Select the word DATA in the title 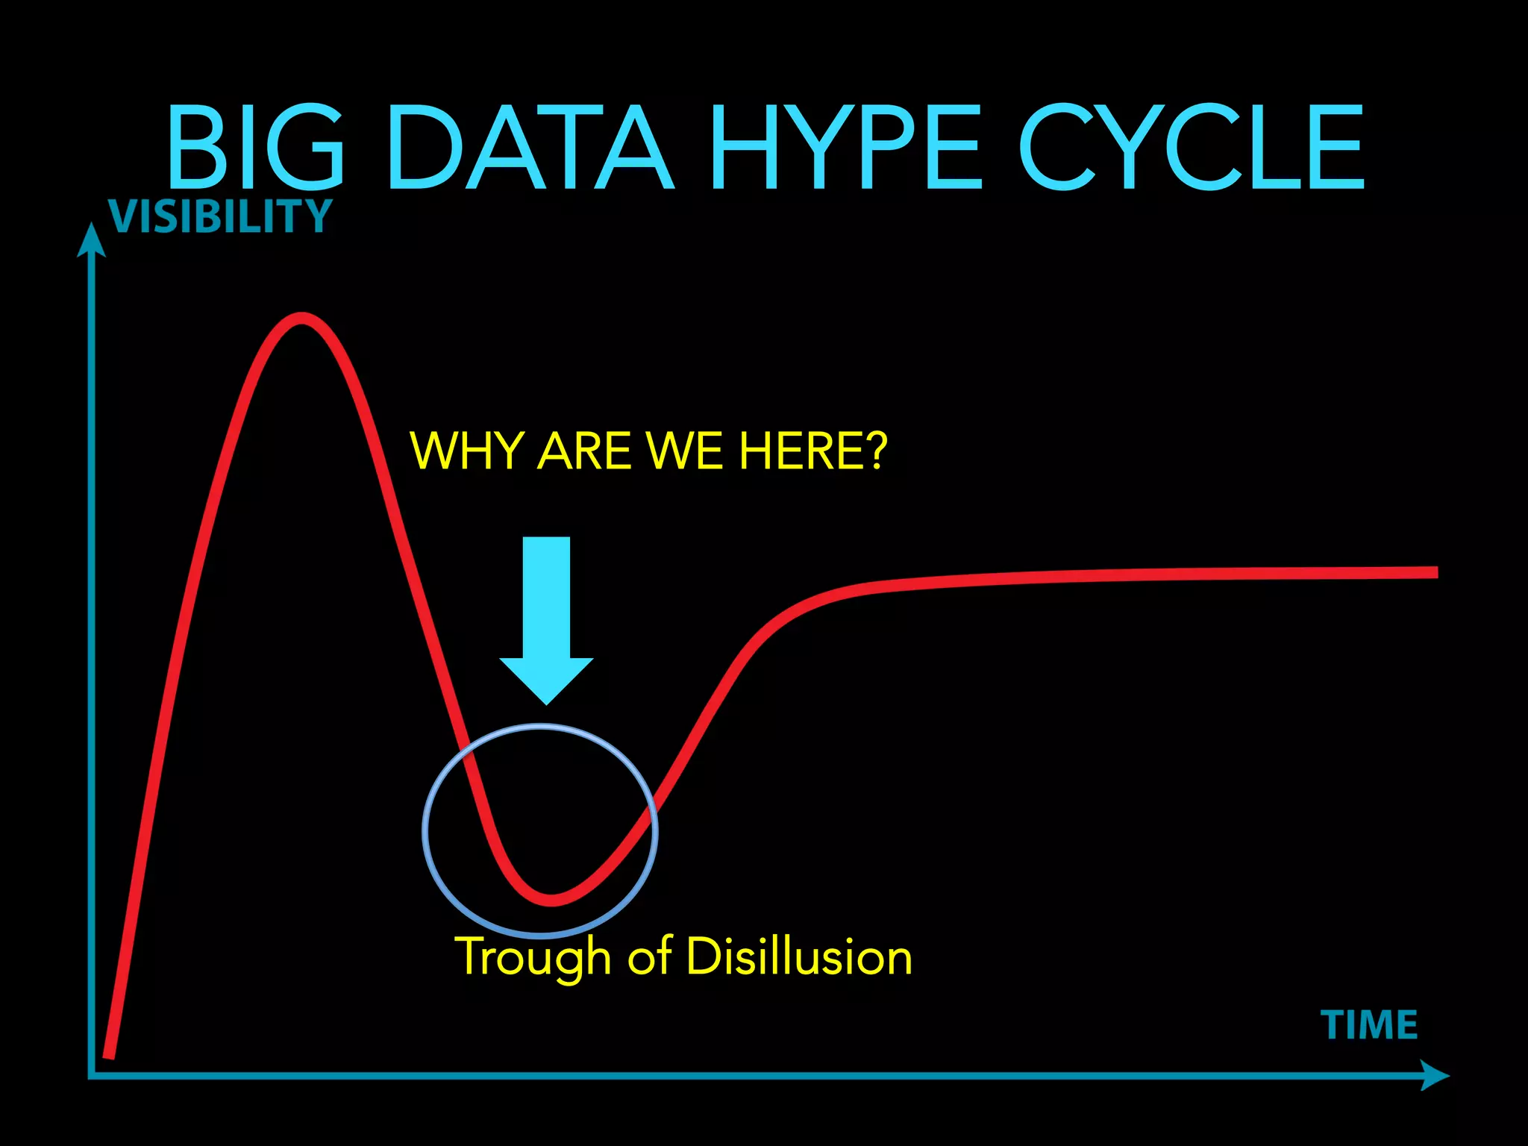click(x=530, y=147)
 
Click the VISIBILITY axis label click(x=219, y=216)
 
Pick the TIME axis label click(x=1369, y=1025)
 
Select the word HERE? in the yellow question click(x=813, y=451)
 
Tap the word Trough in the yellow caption click(x=533, y=957)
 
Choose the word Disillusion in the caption click(x=798, y=956)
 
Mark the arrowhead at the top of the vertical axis click(x=91, y=240)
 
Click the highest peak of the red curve click(x=301, y=319)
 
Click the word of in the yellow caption click(x=649, y=956)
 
